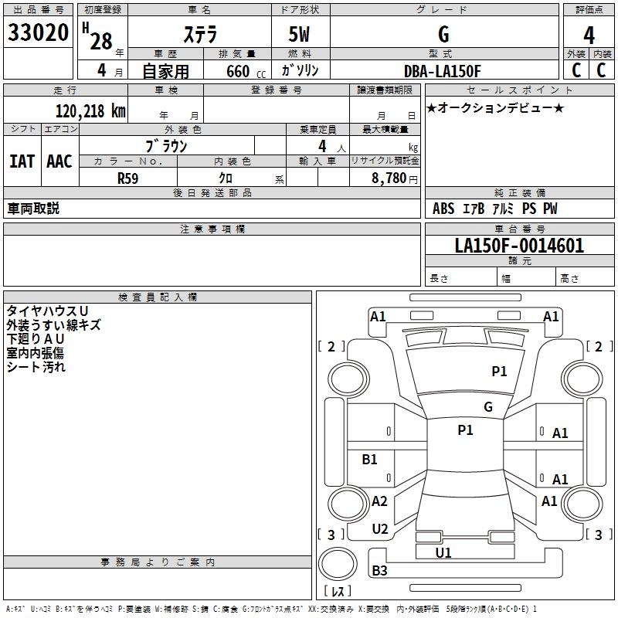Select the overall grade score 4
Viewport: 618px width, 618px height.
pyautogui.click(x=589, y=36)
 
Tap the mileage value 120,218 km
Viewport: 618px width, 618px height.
pyautogui.click(x=90, y=111)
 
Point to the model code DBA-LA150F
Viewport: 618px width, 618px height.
pyautogui.click(x=443, y=71)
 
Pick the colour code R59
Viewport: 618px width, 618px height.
pyautogui.click(x=127, y=178)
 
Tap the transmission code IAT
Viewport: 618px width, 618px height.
pyautogui.click(x=22, y=161)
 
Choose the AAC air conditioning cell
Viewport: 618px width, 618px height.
pyautogui.click(x=59, y=161)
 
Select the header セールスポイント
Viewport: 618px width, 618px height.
pyautogui.click(x=491, y=90)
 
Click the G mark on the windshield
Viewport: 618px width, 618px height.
pyautogui.click(x=488, y=407)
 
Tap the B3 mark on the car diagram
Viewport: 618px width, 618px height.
pyautogui.click(x=379, y=571)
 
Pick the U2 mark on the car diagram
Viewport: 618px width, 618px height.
pyautogui.click(x=379, y=529)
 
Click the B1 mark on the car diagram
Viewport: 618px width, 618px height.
pyautogui.click(x=370, y=460)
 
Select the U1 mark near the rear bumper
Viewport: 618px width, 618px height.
pyautogui.click(x=443, y=552)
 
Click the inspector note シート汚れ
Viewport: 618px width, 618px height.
pyautogui.click(x=36, y=367)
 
